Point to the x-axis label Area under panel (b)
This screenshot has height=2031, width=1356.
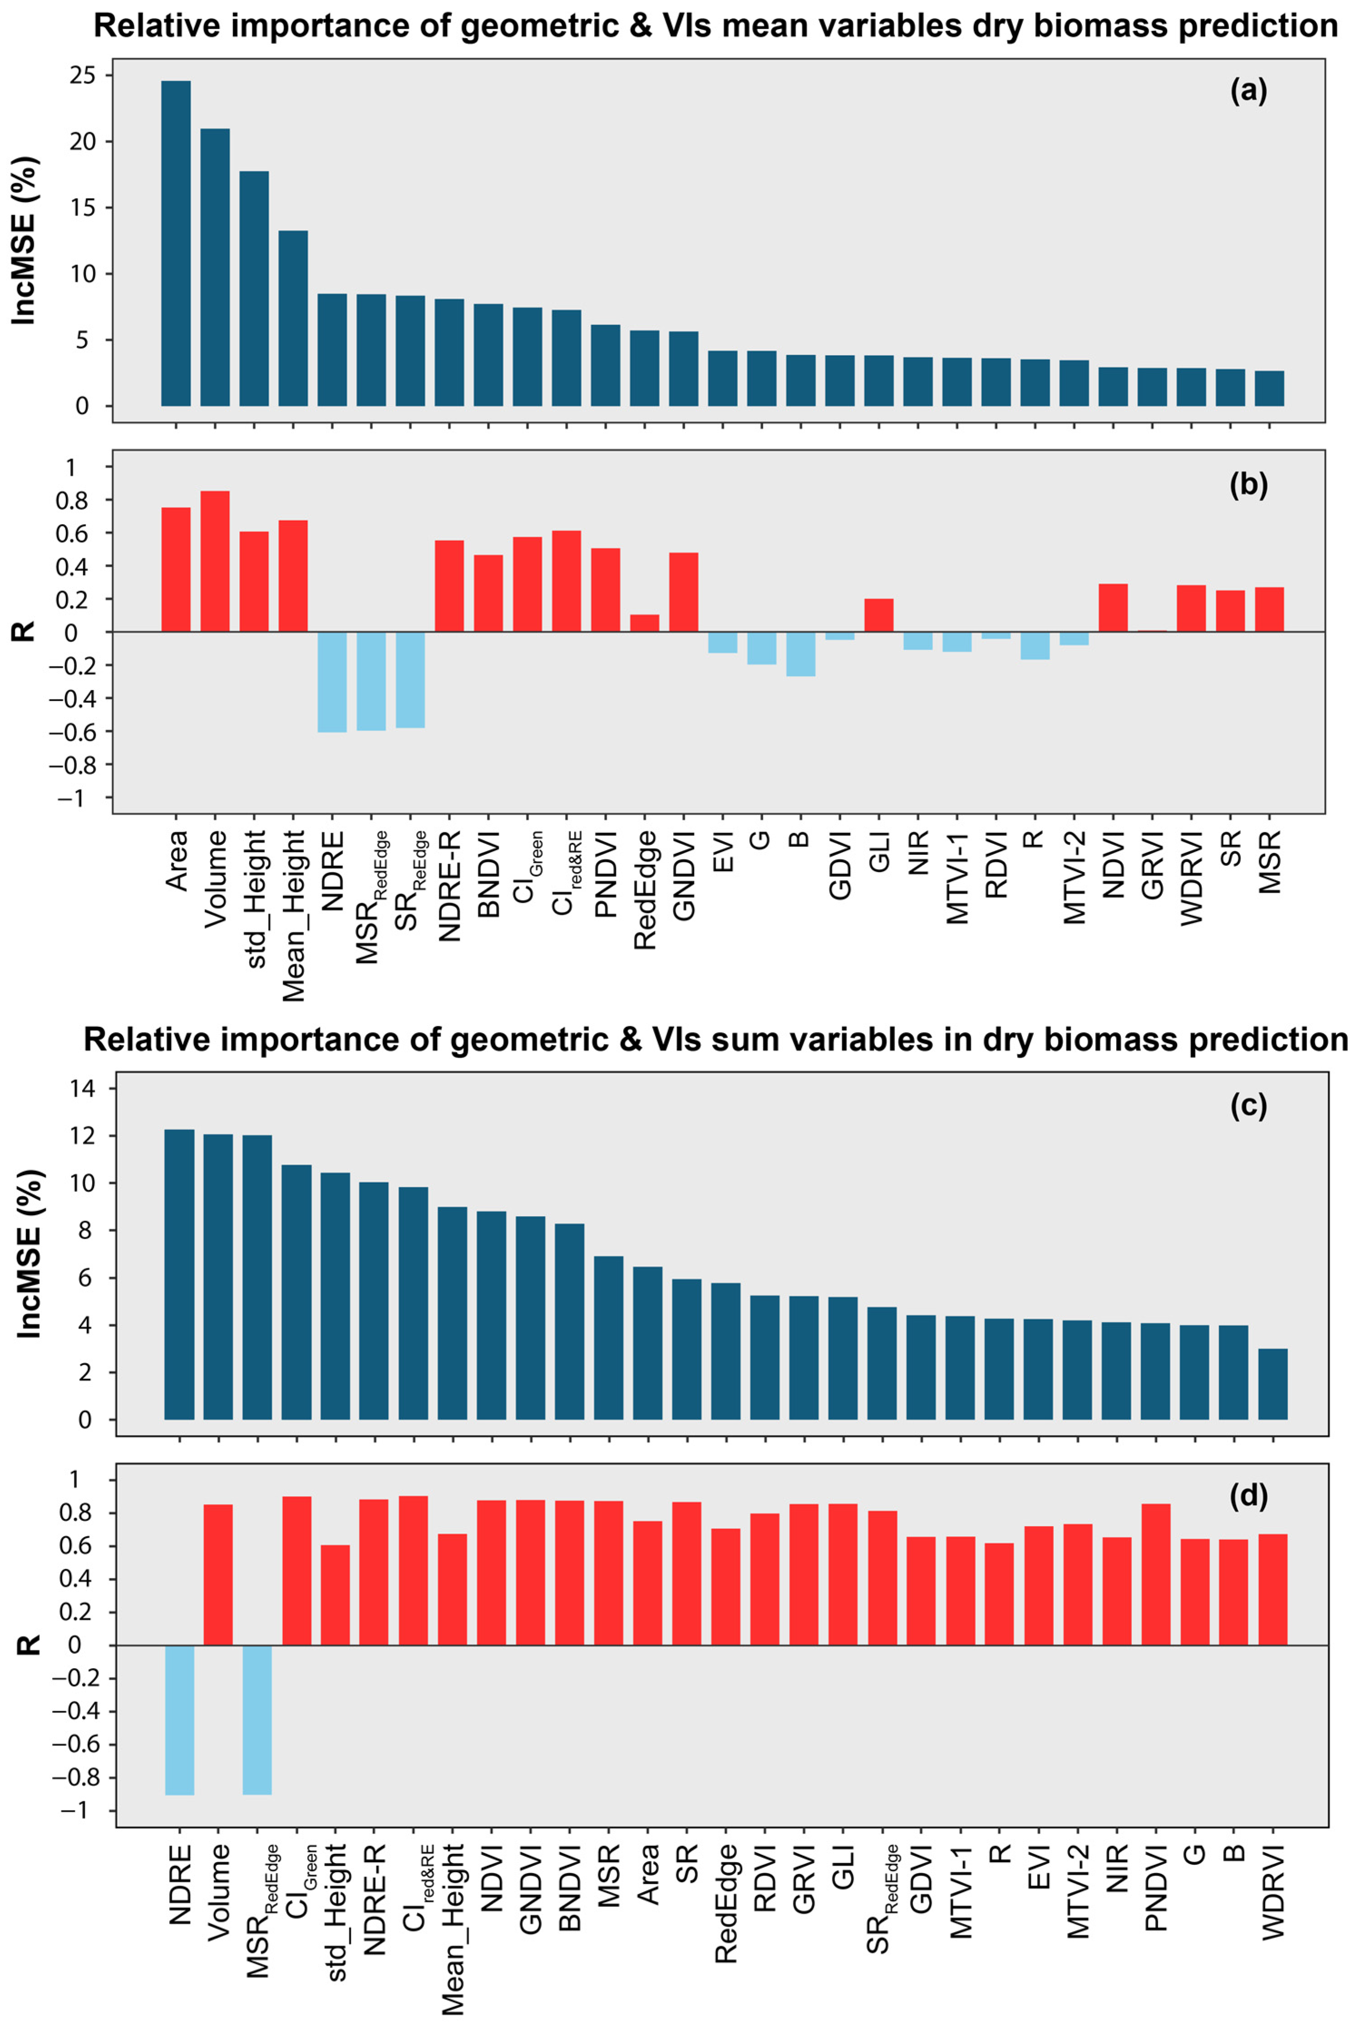pos(177,861)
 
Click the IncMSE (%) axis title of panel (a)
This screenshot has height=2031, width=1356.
pos(26,241)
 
